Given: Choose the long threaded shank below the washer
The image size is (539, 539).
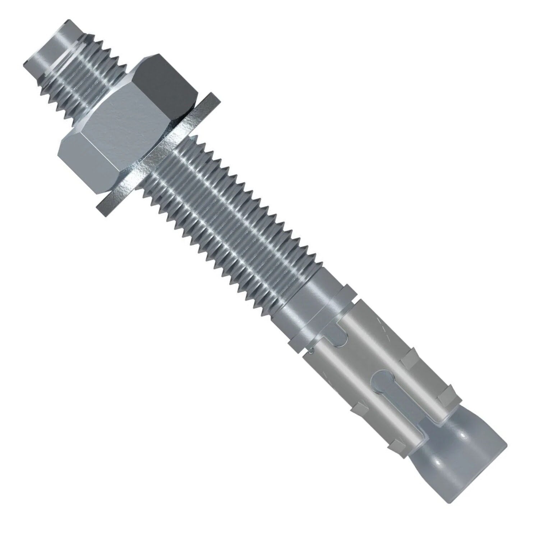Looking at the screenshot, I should (230, 216).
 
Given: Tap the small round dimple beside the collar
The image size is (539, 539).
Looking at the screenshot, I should (313, 350).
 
